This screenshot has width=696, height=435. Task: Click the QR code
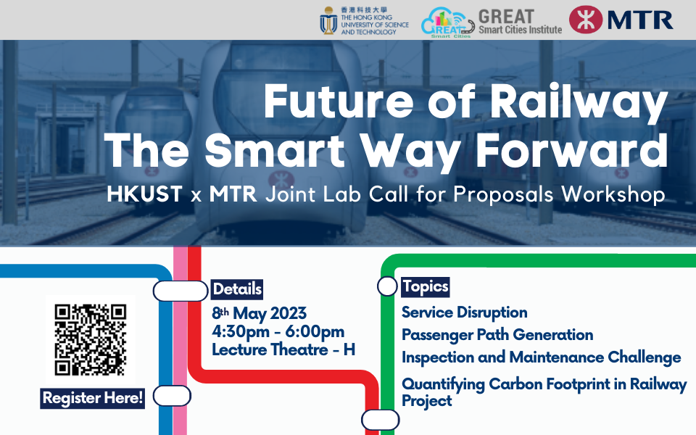point(91,339)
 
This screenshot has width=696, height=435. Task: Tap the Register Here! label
point(93,398)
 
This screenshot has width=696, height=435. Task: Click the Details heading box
point(237,289)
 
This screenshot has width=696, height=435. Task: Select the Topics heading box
point(426,286)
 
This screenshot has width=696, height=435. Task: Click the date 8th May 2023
point(259,313)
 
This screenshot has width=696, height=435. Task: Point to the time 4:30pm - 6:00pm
point(278,332)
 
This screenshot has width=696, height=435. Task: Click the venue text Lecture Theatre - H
point(283,350)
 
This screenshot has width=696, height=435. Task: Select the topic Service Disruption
point(464,312)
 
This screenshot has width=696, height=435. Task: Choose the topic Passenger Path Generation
point(497,334)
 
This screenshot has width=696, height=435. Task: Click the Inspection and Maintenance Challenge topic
point(541,357)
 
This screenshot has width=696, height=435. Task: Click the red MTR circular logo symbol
point(586,20)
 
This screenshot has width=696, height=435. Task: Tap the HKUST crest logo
point(328,20)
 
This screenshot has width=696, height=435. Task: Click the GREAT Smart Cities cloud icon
point(447,21)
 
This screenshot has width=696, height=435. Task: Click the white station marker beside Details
point(180,291)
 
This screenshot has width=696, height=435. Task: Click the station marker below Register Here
point(172,396)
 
